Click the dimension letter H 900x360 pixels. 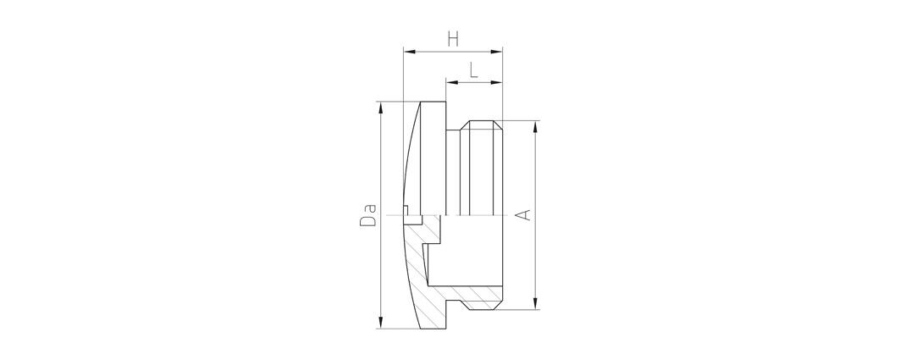[453, 39]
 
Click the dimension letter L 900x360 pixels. [473, 70]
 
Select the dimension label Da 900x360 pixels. [368, 214]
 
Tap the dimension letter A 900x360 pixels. [522, 215]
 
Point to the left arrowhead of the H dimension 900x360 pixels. [409, 52]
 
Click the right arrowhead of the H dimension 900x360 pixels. [497, 52]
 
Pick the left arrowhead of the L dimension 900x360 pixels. [452, 83]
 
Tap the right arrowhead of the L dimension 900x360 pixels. [497, 83]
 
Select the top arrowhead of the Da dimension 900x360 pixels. [380, 108]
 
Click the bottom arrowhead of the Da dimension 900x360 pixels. [380, 324]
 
